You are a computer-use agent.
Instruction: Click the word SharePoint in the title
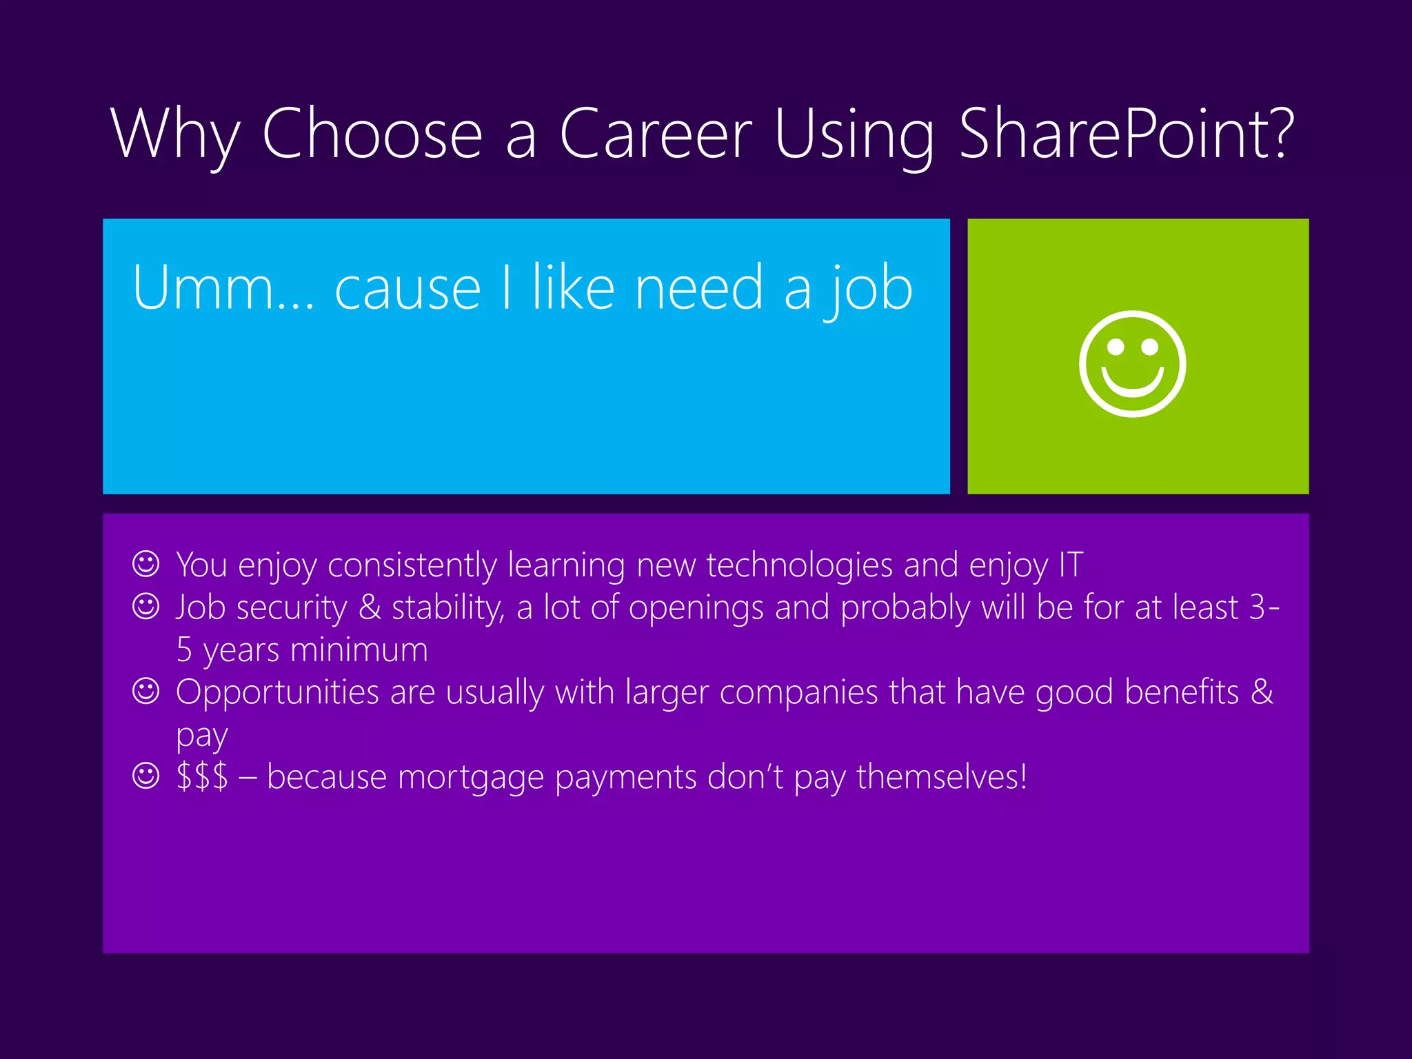1127,134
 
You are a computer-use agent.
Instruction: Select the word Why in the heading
176,135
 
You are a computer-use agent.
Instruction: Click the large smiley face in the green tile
1132,364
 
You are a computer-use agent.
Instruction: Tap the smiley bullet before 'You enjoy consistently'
145,564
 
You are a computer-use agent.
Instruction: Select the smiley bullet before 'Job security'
145,607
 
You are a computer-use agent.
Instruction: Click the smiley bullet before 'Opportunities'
145,691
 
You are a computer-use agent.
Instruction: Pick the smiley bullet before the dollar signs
145,776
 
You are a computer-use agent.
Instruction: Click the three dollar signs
202,776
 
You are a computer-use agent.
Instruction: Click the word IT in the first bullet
1071,565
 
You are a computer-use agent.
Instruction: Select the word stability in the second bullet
447,608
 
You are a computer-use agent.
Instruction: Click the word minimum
359,650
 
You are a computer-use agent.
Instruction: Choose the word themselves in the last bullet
942,777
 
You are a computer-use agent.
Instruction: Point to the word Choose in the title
372,134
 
